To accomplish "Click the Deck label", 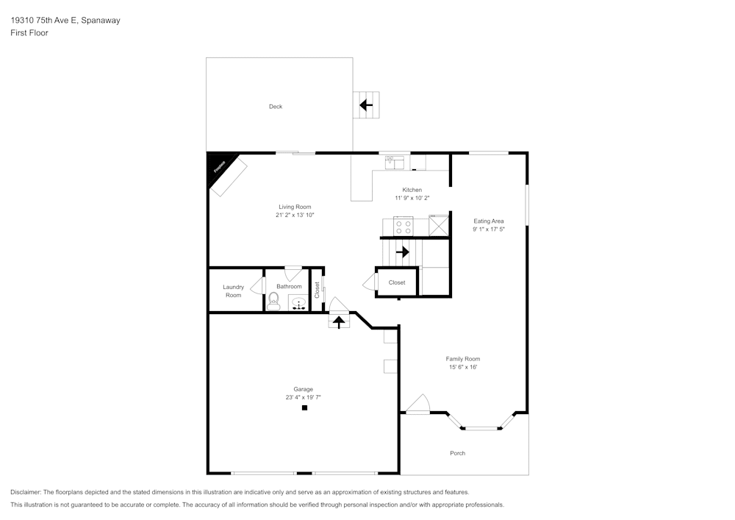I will tap(276, 107).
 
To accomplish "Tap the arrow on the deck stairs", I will tap(365, 105).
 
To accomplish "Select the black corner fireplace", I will tap(220, 165).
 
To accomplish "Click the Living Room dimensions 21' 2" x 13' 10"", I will tap(295, 216).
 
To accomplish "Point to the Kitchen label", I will tap(412, 190).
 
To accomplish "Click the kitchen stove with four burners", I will tap(404, 226).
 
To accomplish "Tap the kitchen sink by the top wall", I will tap(394, 162).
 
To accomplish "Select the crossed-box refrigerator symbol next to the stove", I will tap(439, 225).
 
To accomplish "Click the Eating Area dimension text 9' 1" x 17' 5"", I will tap(489, 229).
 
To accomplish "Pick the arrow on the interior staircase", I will tap(402, 252).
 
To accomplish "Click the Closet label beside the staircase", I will tap(397, 282).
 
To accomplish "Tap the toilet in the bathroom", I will tap(273, 300).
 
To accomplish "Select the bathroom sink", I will tap(298, 303).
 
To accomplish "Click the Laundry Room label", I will tap(233, 291).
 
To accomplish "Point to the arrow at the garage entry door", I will tap(339, 321).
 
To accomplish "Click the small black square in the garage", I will tap(304, 407).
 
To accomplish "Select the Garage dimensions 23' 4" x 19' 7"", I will tap(304, 397).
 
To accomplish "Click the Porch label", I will tap(457, 453).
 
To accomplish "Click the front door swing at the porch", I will tap(417, 405).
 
